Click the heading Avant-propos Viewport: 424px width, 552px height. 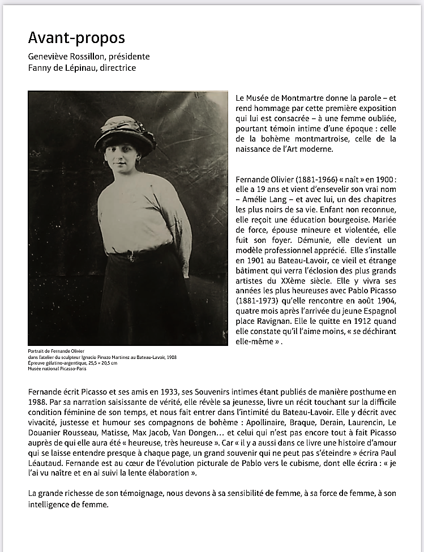click(x=76, y=38)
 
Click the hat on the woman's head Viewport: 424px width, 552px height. click(x=125, y=134)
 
